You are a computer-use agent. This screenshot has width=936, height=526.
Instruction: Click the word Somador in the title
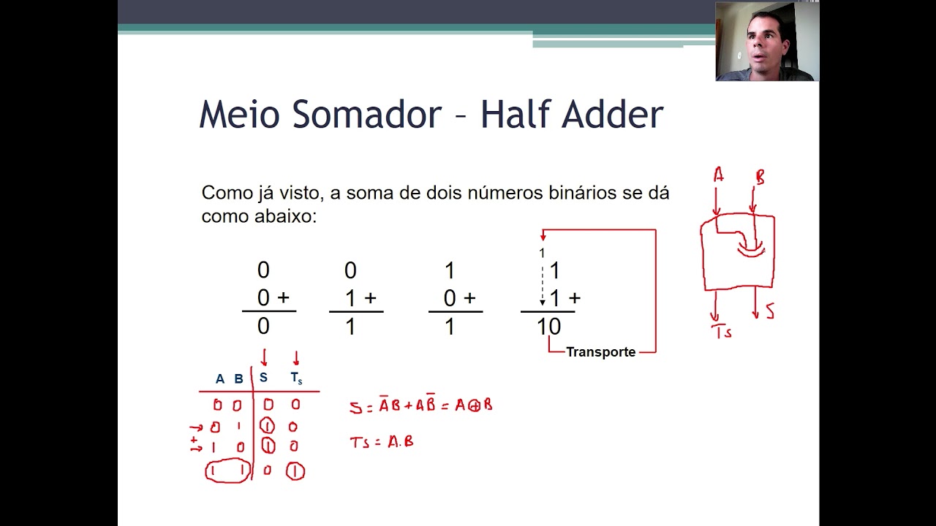coord(366,115)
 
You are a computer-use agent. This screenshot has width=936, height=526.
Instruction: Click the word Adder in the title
coord(614,115)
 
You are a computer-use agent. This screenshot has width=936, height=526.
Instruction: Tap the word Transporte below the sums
coord(600,352)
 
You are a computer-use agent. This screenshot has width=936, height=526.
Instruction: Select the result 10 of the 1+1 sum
coord(548,327)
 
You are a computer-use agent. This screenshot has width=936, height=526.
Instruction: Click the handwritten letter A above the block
coord(718,175)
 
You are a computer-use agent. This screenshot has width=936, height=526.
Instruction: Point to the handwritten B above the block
coord(760,178)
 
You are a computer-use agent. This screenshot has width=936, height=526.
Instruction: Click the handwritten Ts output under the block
coord(722,332)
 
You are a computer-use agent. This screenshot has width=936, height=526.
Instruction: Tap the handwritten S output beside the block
coord(769,312)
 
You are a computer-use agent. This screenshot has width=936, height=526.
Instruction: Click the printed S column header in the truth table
coord(263,378)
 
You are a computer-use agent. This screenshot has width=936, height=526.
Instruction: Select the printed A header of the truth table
coord(219,379)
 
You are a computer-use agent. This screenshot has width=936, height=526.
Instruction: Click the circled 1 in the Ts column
coord(295,472)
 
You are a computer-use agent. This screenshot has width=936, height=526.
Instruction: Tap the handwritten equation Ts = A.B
coord(381,442)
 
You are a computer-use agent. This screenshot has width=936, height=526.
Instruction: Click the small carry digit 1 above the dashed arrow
coord(542,253)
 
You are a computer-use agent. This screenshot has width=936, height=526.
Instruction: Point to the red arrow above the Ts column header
coord(295,358)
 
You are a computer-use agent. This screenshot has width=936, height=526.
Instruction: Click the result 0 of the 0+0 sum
coord(263,327)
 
